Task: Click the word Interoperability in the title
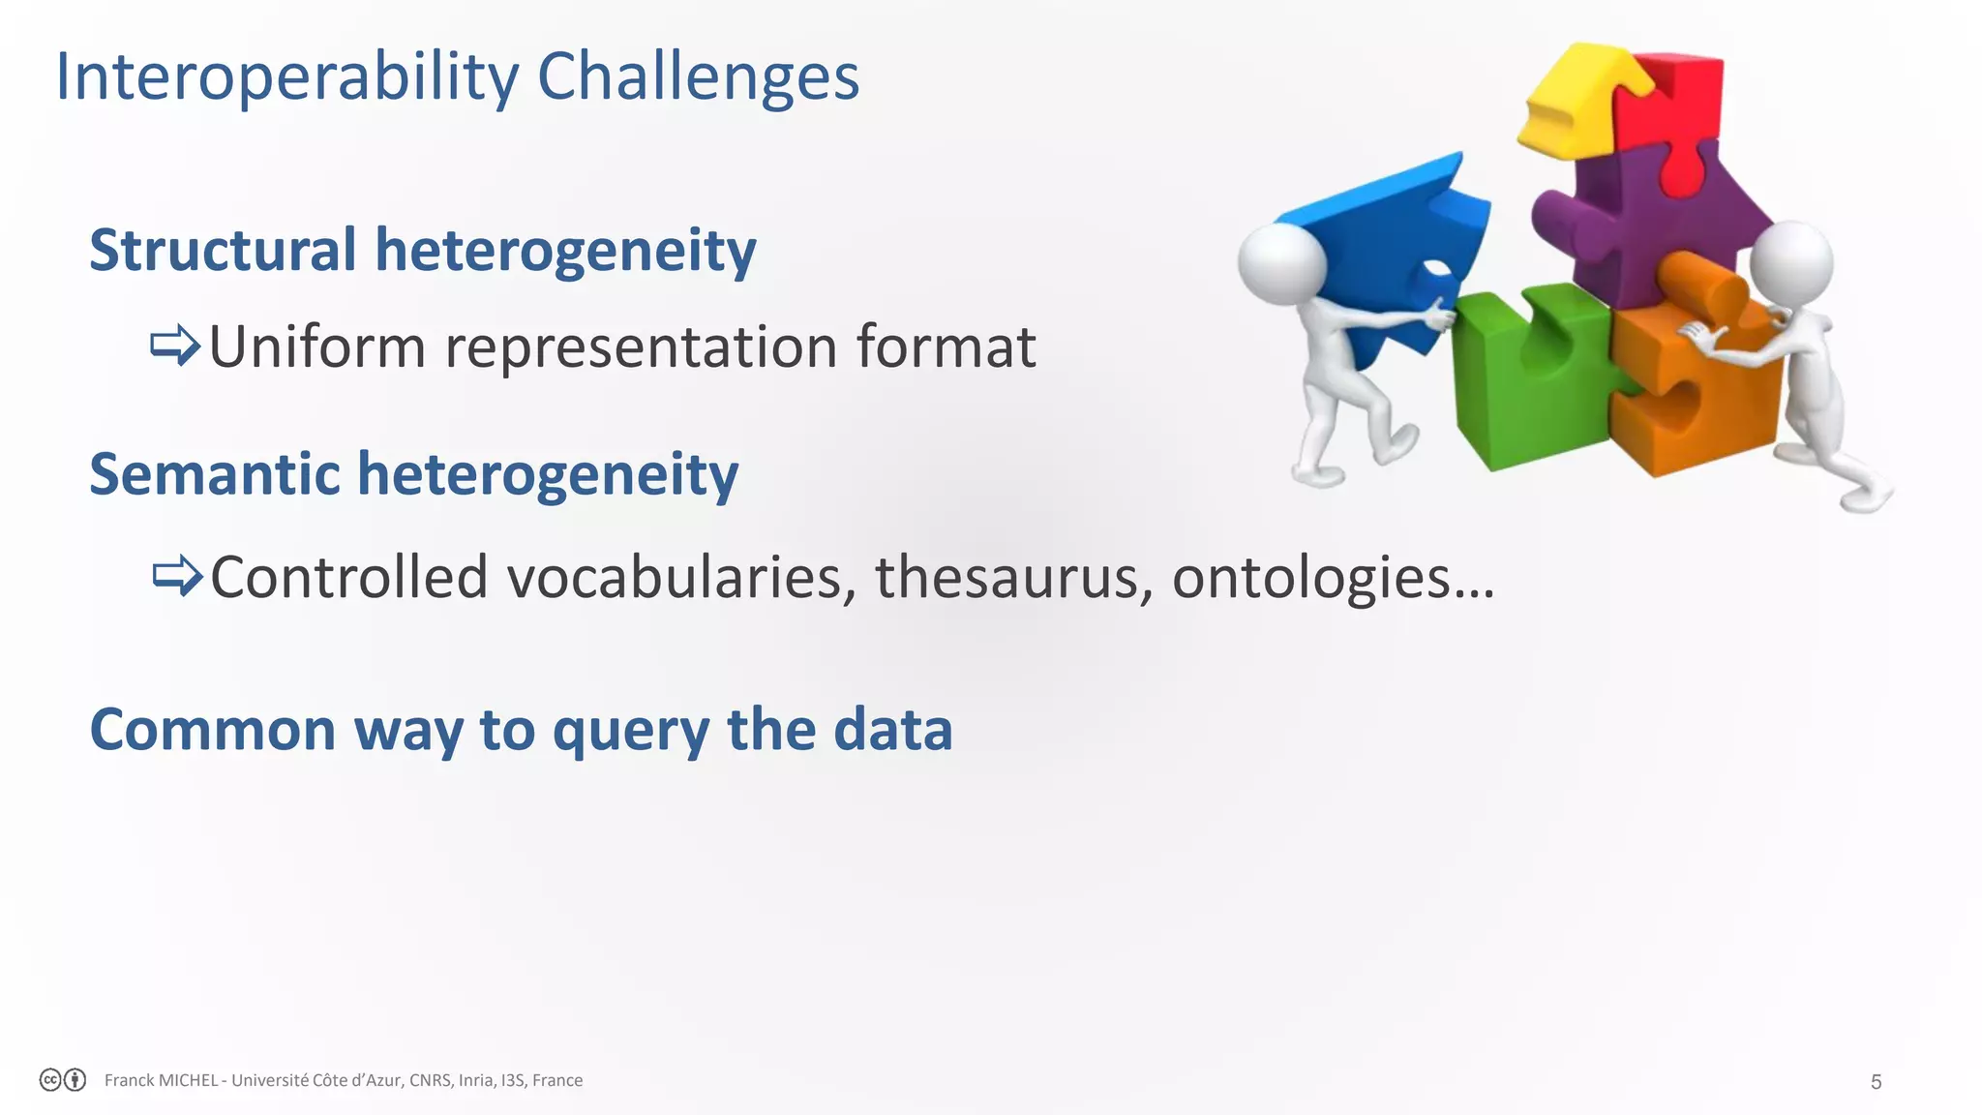287,77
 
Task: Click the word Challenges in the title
698,77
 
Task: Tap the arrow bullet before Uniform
175,346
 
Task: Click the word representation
641,347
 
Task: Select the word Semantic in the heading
215,474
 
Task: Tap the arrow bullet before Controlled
177,576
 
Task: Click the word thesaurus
1014,577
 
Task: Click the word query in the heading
631,730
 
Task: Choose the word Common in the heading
213,730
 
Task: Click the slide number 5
1876,1082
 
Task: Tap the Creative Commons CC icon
50,1080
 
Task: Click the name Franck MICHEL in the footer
161,1080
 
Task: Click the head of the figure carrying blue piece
1281,263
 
